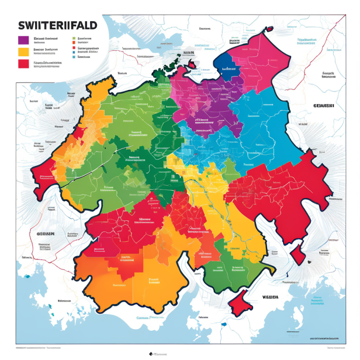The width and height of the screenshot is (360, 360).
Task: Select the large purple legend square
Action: (23, 40)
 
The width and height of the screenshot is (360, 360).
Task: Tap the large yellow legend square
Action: (23, 52)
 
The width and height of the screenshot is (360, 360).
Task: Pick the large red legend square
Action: (23, 64)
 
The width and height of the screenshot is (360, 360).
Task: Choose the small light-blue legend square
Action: (74, 56)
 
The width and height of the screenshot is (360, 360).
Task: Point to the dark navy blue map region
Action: (226, 66)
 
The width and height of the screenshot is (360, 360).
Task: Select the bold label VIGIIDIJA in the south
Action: (270, 297)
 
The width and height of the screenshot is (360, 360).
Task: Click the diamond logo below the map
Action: (151, 354)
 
